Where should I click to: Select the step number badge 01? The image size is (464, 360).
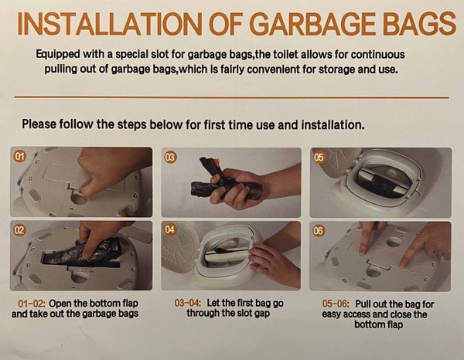(19, 156)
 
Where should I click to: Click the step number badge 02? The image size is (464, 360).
(19, 229)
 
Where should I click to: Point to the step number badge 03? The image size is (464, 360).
(170, 157)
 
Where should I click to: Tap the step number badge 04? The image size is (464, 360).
(170, 229)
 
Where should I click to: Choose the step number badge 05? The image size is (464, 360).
(319, 157)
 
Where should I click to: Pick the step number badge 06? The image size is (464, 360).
(319, 230)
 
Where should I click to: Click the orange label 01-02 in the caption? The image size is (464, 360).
(32, 304)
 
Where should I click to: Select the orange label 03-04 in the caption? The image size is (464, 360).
(188, 303)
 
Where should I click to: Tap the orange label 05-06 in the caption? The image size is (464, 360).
(336, 304)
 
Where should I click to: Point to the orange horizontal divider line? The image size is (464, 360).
(231, 97)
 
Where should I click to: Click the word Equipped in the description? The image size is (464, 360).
(58, 55)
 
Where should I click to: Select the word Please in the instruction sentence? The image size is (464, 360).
(39, 124)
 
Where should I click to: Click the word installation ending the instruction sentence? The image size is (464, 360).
(333, 124)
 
